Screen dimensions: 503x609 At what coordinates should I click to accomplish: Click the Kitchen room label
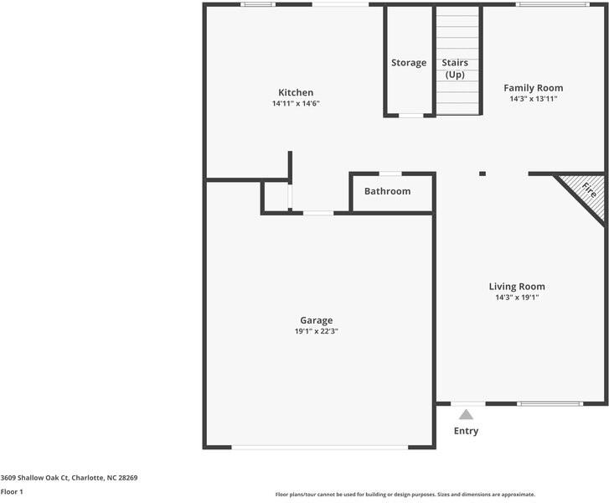coord(296,92)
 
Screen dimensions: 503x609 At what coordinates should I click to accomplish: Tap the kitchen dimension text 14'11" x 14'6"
coord(296,103)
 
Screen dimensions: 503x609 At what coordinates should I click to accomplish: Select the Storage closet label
coord(409,63)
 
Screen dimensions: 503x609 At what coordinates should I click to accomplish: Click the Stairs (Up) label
coord(455,69)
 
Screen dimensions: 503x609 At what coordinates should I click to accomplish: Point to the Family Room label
coord(533,87)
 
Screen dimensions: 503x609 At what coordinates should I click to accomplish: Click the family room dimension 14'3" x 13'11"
coord(533,98)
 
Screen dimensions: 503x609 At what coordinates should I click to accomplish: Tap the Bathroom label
coord(387,191)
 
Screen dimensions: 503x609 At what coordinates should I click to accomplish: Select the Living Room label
coord(517,287)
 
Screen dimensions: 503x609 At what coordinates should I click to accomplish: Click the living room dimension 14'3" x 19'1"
coord(517,298)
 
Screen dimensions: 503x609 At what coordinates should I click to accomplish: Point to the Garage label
coord(316,320)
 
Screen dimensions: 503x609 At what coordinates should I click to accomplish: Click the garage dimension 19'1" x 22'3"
coord(316,331)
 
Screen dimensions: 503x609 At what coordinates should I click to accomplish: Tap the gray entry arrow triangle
coord(466,413)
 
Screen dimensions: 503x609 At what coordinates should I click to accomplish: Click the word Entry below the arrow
coord(466,431)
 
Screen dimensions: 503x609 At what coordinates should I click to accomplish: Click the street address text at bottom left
coord(69,478)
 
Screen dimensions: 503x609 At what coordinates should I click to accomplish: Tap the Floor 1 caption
coord(12,491)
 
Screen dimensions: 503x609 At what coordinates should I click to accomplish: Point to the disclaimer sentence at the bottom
coord(405,495)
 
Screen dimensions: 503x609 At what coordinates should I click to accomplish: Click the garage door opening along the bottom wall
coord(320,447)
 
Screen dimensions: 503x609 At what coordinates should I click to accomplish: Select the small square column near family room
coord(483,174)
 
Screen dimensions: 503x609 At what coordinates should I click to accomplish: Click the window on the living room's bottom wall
coord(550,404)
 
